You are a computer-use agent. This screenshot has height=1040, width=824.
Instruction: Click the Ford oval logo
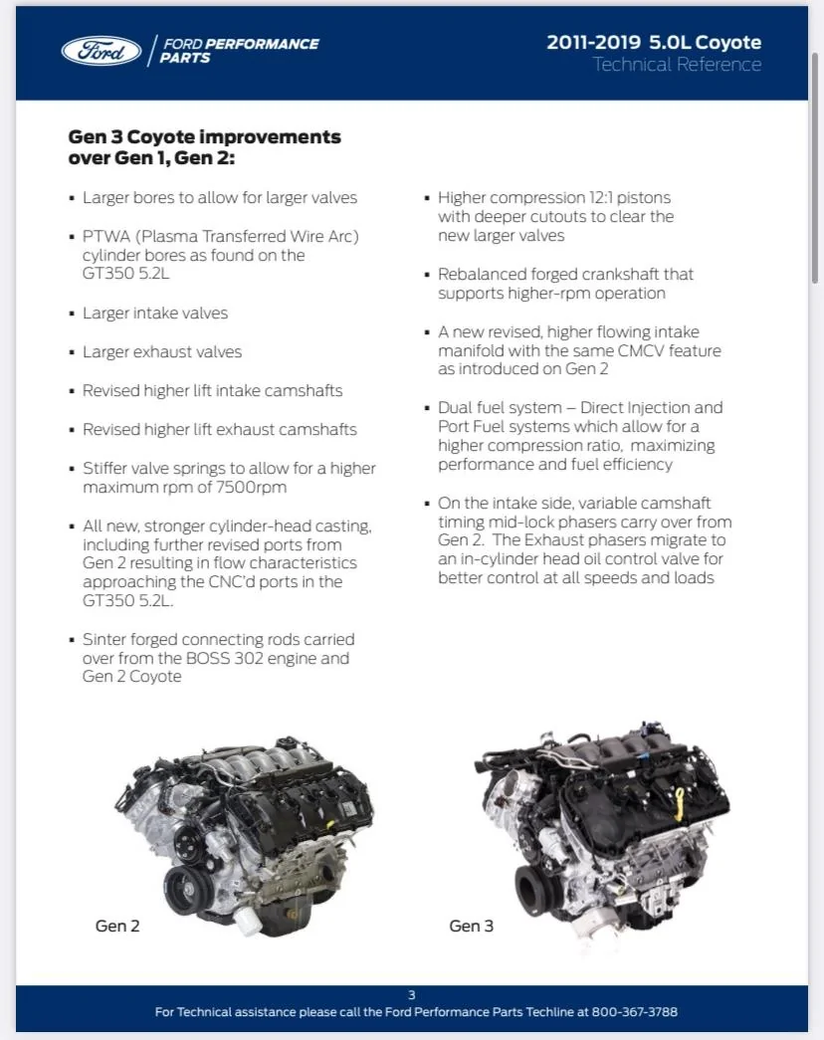(101, 51)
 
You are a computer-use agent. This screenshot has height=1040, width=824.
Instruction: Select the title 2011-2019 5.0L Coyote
(654, 42)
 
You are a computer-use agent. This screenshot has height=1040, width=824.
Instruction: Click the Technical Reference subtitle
(677, 65)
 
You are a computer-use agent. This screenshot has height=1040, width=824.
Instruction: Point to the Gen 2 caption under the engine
(117, 926)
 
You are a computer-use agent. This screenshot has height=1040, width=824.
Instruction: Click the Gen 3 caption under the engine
(471, 926)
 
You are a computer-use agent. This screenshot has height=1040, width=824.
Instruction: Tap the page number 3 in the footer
(412, 994)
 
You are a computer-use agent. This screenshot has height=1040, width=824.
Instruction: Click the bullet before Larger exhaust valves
(72, 353)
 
